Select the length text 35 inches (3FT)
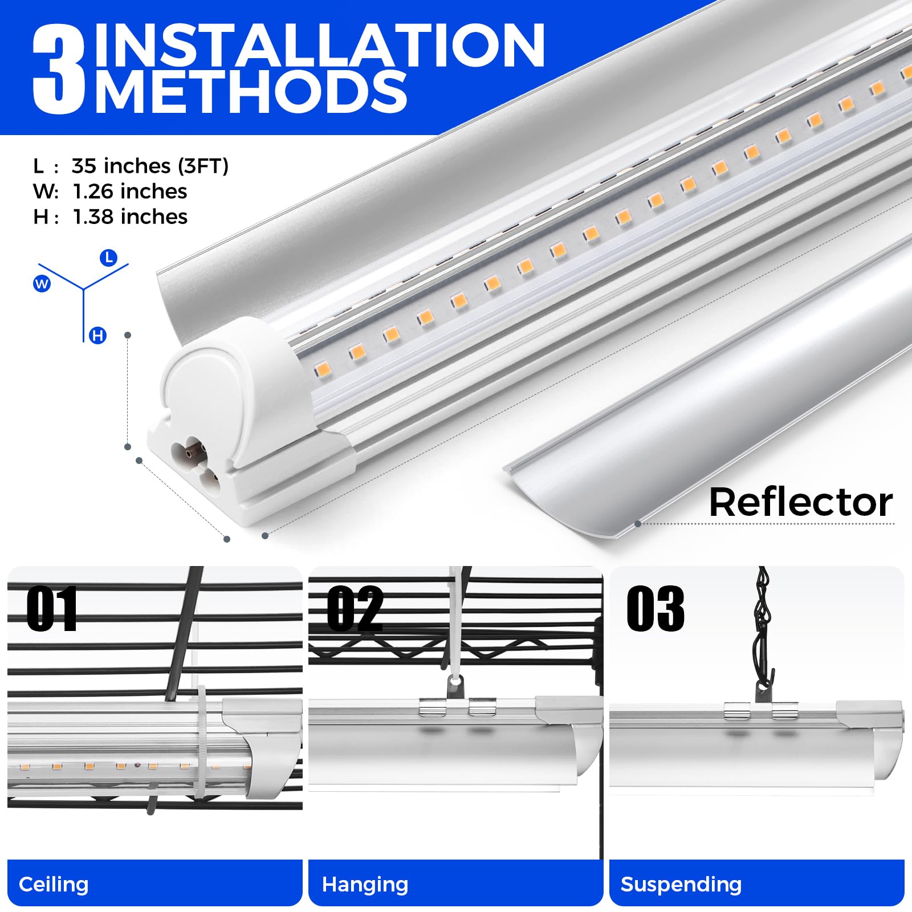click(150, 166)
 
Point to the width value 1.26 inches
click(130, 192)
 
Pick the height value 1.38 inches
click(130, 217)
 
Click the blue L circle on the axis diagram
click(108, 258)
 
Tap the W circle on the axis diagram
click(42, 283)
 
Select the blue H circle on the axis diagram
click(98, 336)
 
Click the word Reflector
click(801, 502)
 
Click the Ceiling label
click(54, 884)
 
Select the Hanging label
click(365, 884)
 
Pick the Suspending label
click(681, 884)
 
